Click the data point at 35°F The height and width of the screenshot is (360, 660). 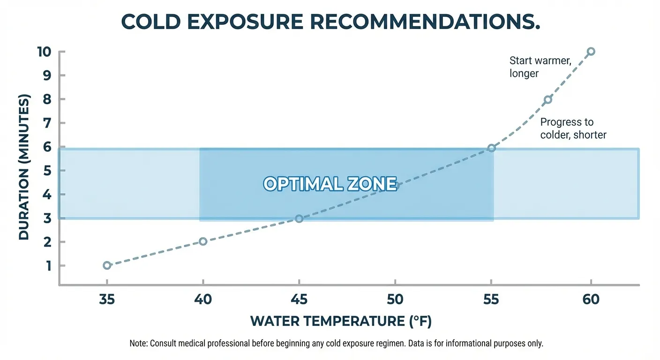(x=107, y=265)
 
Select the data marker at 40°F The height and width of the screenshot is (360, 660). (x=203, y=241)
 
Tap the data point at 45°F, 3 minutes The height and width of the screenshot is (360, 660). (x=299, y=218)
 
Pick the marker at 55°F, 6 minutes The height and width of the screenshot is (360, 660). (x=491, y=148)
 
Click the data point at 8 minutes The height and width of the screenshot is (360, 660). (x=547, y=99)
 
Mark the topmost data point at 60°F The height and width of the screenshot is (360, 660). (x=591, y=51)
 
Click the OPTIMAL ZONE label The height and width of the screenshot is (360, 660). (x=330, y=184)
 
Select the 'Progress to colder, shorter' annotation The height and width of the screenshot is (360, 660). (x=573, y=128)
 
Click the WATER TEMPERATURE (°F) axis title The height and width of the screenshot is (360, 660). (x=341, y=321)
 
